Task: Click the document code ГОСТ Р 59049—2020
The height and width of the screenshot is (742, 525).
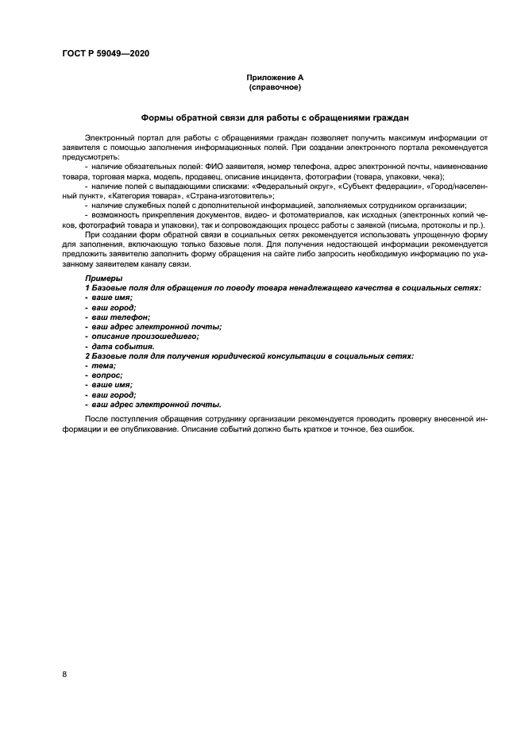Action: coord(106,53)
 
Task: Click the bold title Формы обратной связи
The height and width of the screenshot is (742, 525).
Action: coord(274,117)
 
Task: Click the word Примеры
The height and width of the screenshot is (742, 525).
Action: coord(103,279)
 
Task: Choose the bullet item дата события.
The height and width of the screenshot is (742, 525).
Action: coord(122,346)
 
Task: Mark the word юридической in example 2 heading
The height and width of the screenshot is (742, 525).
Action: coord(245,356)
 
